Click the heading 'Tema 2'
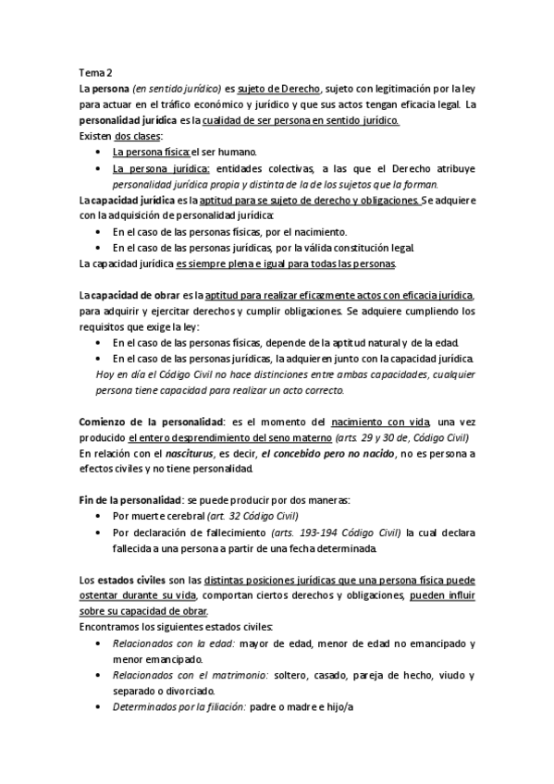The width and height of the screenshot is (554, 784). (95, 72)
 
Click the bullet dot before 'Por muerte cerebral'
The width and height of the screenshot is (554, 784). (99, 516)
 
